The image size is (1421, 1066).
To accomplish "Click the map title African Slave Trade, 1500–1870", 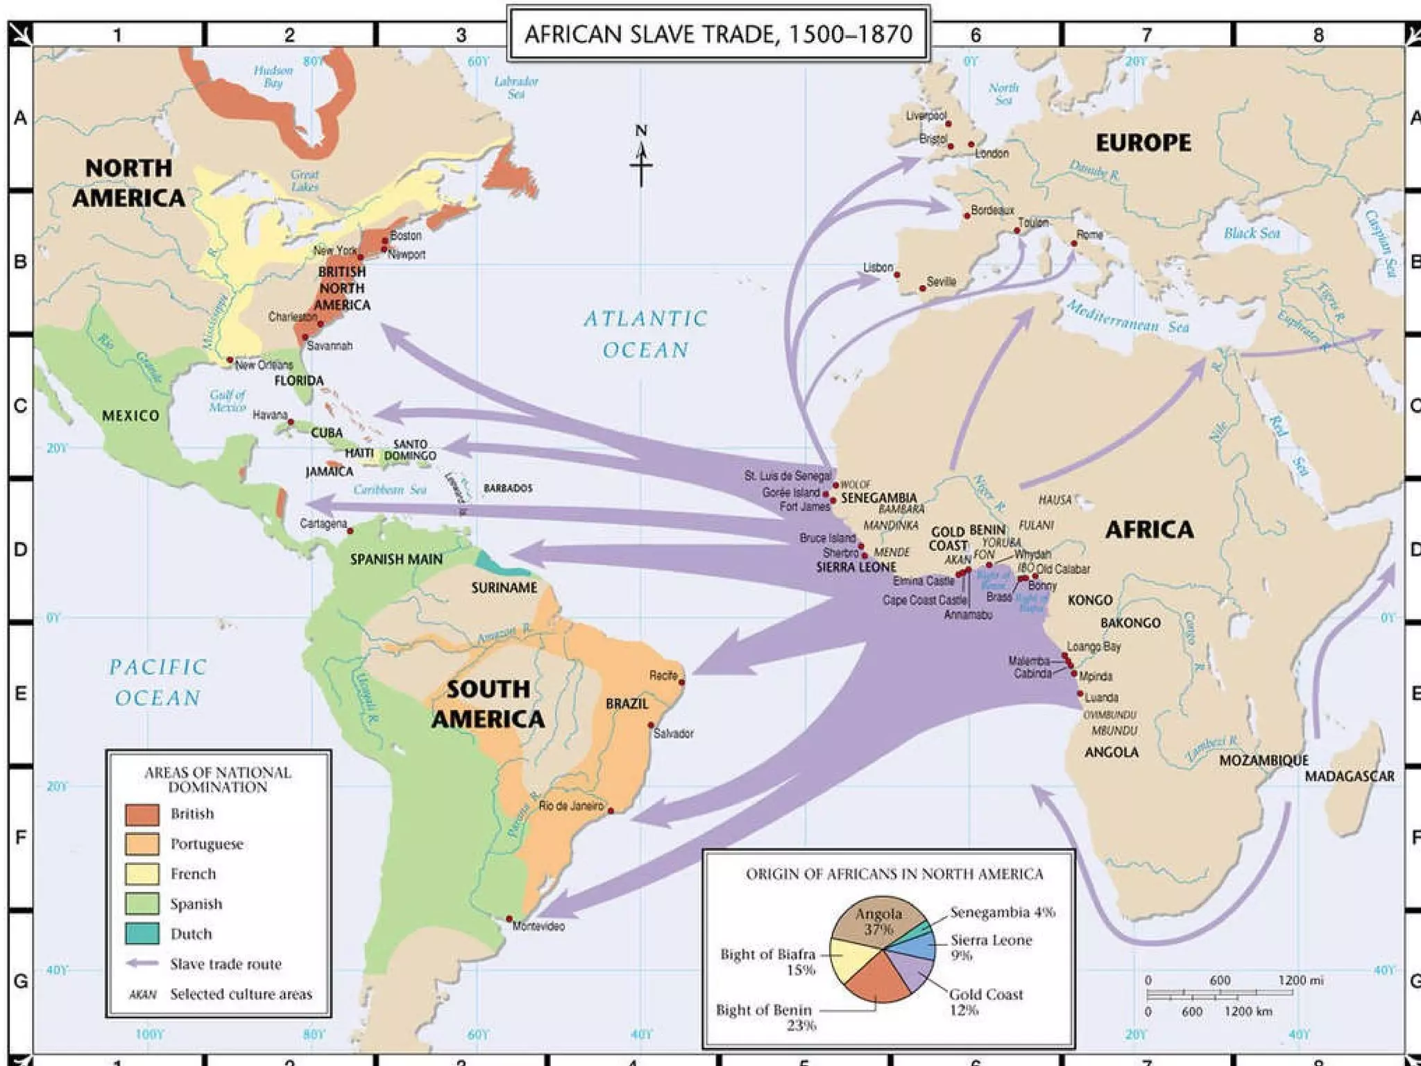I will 718,34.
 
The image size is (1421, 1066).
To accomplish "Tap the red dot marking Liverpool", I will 948,124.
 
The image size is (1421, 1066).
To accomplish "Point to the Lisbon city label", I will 878,267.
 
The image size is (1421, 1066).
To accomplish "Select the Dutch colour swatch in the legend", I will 142,933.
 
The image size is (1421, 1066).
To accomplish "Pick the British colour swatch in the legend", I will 142,814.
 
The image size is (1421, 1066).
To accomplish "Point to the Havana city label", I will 269,414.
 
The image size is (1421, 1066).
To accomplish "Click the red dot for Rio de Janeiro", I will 611,811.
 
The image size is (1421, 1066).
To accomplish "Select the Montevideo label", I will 538,926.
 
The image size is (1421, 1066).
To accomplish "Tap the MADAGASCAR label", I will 1350,776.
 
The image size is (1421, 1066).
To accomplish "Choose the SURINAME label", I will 504,588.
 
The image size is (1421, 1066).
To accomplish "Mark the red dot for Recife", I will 682,682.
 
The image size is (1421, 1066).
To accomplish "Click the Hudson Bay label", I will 273,76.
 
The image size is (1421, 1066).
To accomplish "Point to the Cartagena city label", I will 323,523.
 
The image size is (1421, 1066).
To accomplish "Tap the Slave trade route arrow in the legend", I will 144,964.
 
